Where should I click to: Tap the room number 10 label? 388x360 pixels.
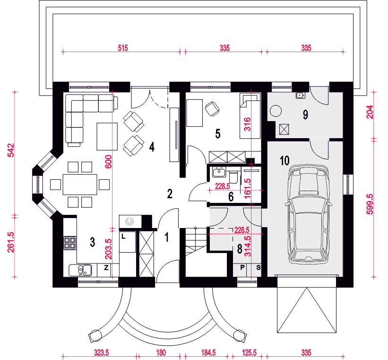285,161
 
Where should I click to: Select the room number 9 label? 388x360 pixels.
306,114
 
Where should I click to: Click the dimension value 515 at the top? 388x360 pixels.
123,48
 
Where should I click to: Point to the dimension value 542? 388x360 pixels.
11,150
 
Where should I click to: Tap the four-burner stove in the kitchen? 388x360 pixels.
70,243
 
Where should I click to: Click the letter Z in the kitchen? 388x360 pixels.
106,267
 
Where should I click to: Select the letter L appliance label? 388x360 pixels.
123,237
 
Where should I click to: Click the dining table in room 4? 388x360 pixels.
80,184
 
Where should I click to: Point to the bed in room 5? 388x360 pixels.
250,116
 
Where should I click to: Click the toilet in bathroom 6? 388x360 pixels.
233,177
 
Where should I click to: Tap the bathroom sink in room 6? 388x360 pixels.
219,173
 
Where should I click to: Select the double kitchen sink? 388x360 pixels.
80,270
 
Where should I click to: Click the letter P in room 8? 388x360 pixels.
242,267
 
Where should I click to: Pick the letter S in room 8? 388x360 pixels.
259,267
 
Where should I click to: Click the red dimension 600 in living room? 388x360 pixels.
109,162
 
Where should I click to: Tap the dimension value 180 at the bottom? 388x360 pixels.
161,352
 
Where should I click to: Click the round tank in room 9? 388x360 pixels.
276,111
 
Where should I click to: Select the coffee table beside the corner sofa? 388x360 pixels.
107,136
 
